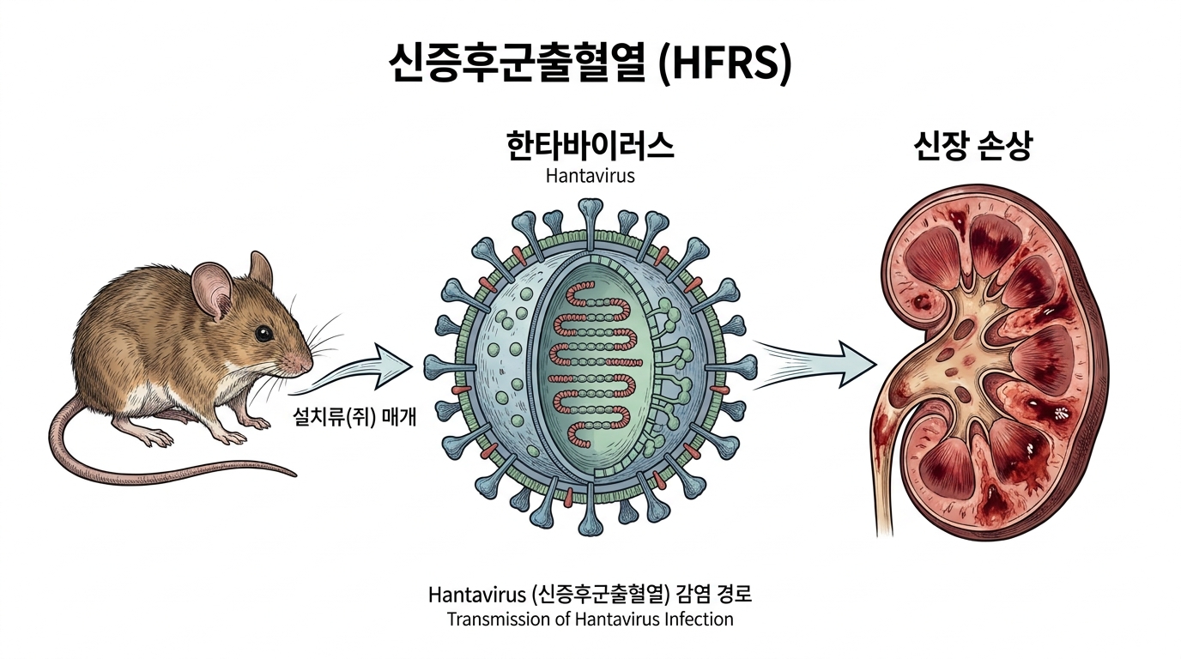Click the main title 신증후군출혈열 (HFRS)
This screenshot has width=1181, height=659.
[590, 63]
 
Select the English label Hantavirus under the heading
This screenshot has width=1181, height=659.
[590, 176]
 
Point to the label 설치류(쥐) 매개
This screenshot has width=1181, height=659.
[354, 418]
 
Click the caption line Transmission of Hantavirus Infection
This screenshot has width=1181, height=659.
[590, 619]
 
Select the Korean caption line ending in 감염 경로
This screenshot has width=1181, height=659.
[590, 595]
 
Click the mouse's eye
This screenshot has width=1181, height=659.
[263, 333]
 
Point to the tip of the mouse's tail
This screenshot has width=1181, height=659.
[294, 474]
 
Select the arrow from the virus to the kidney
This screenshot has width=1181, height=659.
[815, 364]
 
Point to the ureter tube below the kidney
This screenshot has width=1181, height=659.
[886, 475]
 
